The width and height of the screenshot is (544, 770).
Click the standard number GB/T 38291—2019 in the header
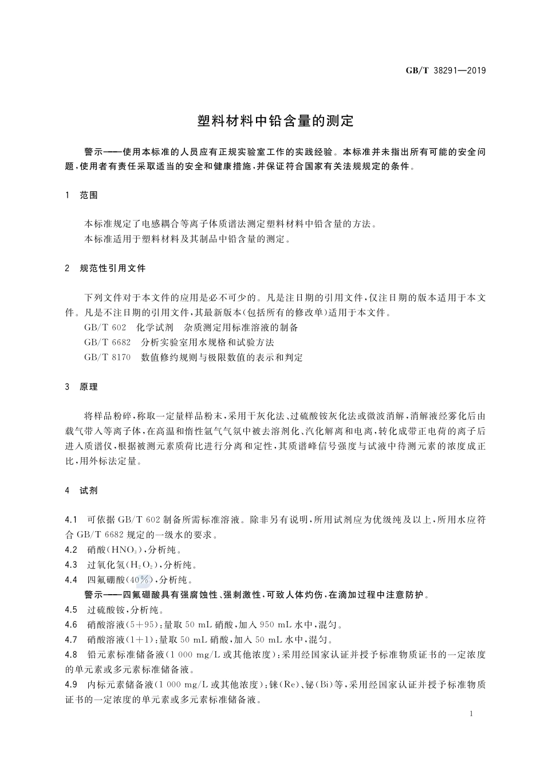click(x=446, y=70)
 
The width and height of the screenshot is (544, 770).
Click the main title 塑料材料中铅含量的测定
click(x=276, y=121)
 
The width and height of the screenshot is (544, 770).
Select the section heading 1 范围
click(x=82, y=195)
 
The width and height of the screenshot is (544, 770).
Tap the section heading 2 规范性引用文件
click(x=106, y=268)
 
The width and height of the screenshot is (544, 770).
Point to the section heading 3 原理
click(x=82, y=387)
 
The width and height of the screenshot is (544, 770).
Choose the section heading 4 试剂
click(x=82, y=490)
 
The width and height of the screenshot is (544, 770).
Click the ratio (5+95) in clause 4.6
click(x=139, y=624)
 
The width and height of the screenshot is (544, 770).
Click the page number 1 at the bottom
click(x=471, y=714)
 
